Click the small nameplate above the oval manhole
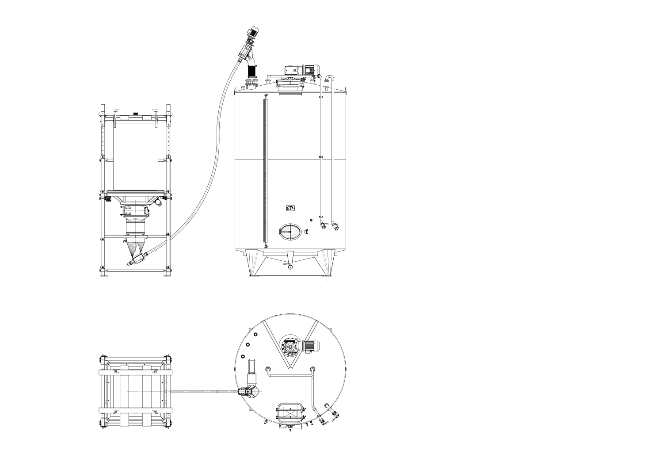(x=290, y=208)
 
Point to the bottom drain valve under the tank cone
(x=290, y=266)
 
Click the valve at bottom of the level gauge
(x=265, y=246)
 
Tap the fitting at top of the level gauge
(x=265, y=95)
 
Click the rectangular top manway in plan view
(x=290, y=413)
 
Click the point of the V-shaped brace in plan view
(x=290, y=368)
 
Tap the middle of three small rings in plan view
(x=248, y=345)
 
